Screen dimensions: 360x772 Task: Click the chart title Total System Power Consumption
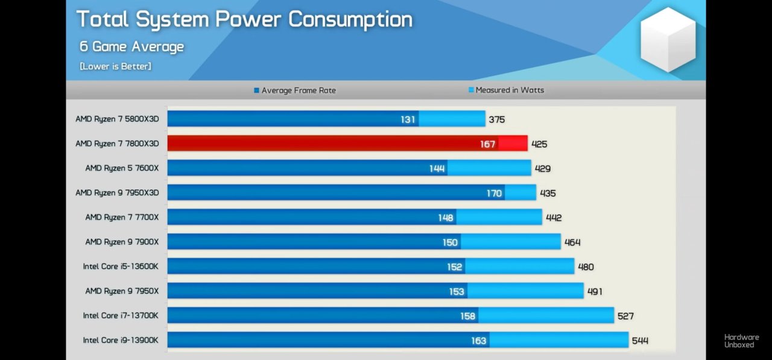click(x=244, y=19)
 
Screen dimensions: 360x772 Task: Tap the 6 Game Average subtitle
click(x=131, y=46)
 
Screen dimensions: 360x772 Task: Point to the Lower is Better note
click(x=115, y=66)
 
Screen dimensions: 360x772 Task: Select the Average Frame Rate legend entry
click(x=295, y=90)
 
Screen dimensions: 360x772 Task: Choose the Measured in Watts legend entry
click(x=506, y=90)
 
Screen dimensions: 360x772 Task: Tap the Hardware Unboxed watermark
click(x=741, y=341)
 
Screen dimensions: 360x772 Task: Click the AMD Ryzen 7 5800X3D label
click(x=117, y=119)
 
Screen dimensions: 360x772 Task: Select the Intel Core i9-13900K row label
click(x=121, y=340)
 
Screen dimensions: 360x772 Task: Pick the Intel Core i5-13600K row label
click(x=121, y=267)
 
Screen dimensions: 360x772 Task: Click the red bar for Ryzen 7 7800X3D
click(x=332, y=144)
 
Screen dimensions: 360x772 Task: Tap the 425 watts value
click(x=540, y=144)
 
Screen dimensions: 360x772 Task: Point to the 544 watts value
click(x=640, y=341)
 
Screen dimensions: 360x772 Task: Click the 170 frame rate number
click(x=494, y=193)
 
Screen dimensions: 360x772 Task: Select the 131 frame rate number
click(x=408, y=119)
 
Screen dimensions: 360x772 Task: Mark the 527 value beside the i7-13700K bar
click(x=625, y=316)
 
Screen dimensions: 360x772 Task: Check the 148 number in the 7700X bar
click(x=446, y=218)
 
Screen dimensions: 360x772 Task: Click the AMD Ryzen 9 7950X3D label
click(x=117, y=193)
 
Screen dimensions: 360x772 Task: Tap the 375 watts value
click(x=497, y=119)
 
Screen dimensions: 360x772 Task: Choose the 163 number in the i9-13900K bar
click(x=479, y=341)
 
